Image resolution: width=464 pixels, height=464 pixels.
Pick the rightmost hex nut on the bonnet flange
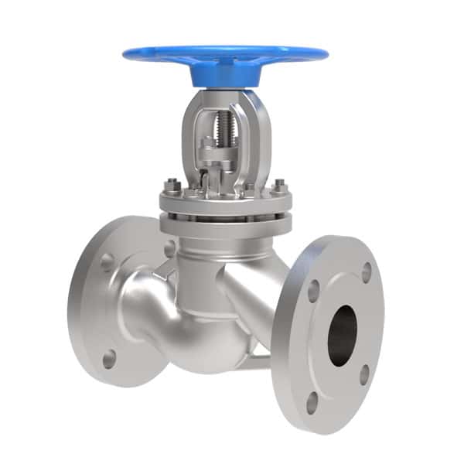coord(278,185)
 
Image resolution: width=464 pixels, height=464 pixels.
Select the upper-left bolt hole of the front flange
coord(313,290)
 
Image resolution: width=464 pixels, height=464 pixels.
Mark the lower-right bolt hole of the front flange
coord(363,374)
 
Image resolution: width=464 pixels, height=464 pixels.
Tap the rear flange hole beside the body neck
coord(169,248)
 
